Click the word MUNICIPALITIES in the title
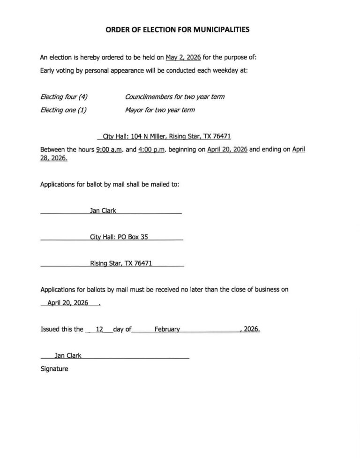219,29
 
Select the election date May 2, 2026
183,58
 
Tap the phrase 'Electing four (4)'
64,97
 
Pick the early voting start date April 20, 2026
227,150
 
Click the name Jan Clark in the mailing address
103,210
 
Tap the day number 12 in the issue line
99,330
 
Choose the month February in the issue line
167,330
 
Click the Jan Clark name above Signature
68,356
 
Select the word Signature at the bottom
54,369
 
